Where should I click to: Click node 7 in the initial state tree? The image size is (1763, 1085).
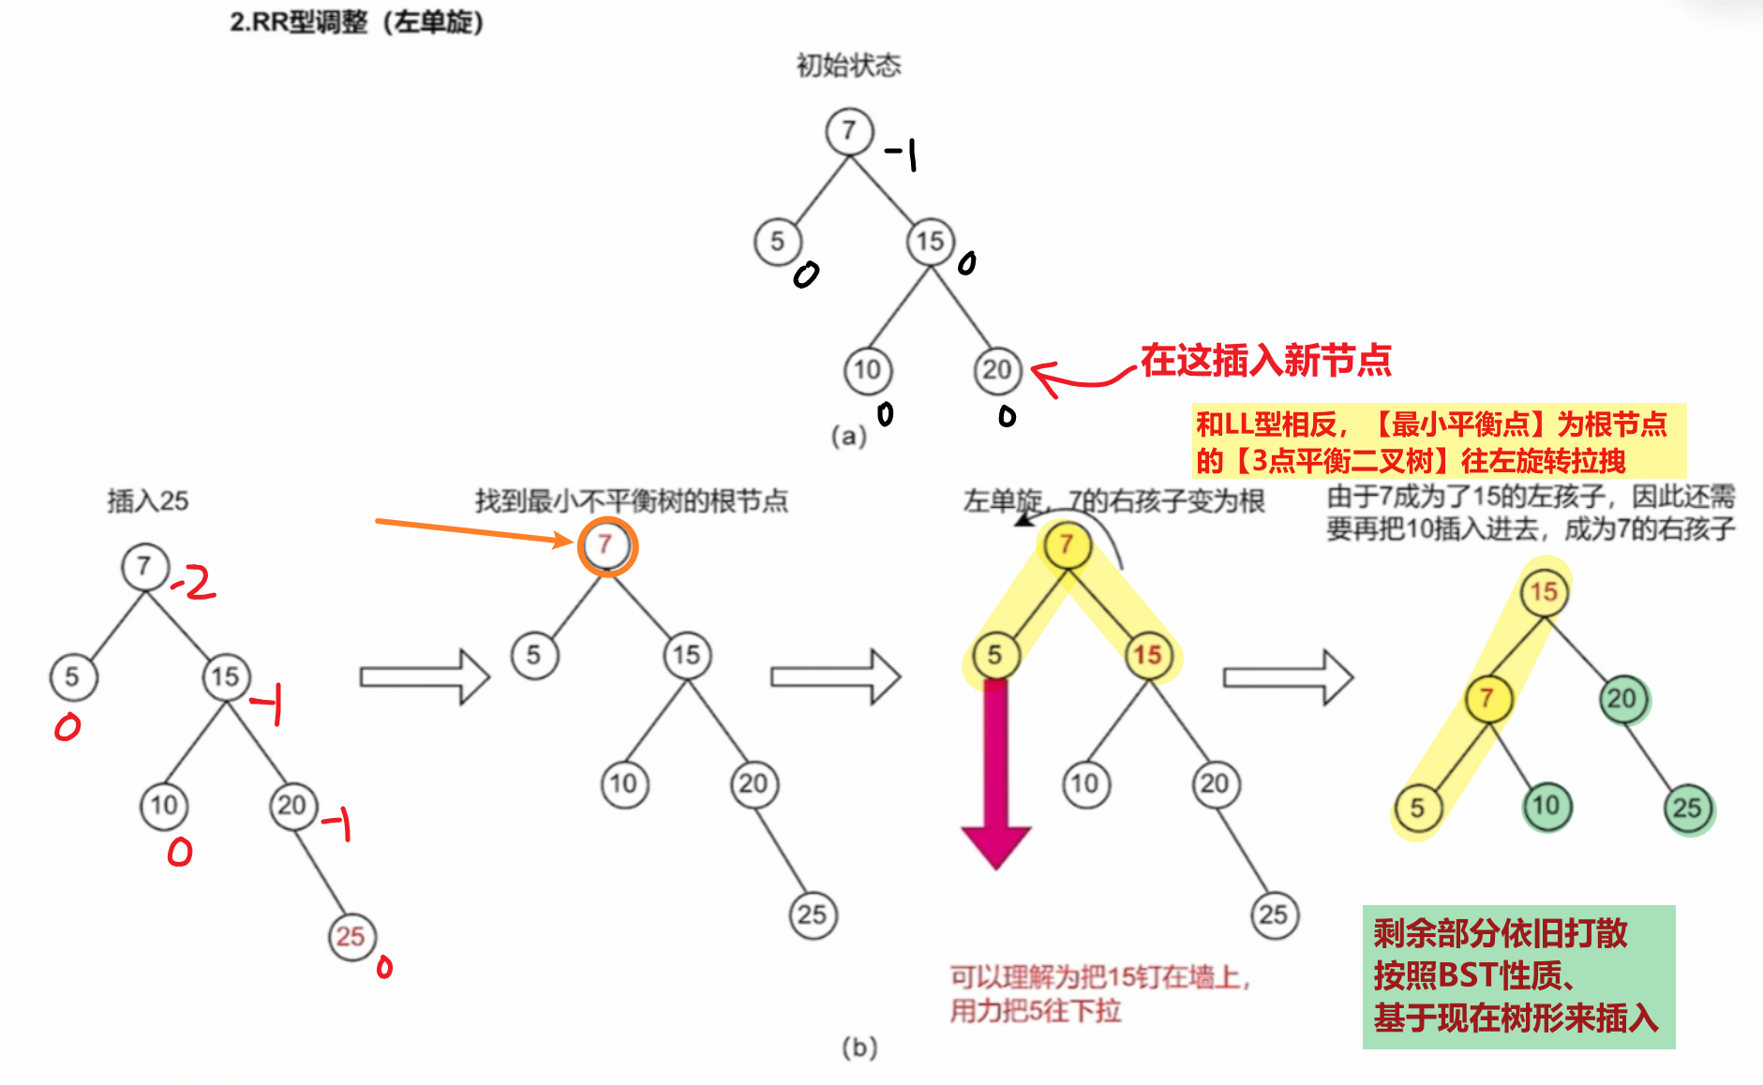point(849,131)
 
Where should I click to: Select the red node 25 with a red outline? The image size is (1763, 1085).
point(351,936)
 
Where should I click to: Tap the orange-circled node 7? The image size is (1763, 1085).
point(606,545)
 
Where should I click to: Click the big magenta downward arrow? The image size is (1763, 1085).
point(995,774)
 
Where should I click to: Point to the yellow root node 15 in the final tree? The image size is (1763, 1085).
point(1544,592)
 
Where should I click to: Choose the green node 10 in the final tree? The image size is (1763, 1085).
point(1546,807)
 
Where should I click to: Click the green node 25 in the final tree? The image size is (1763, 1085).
point(1688,809)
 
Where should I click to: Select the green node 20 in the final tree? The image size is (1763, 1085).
point(1622,699)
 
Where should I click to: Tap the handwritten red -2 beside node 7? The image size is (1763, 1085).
point(194,583)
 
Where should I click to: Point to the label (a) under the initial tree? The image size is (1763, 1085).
point(848,436)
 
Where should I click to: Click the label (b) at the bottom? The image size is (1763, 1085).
point(859,1047)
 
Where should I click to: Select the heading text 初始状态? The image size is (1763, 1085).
point(848,66)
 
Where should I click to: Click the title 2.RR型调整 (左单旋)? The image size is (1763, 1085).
point(357,22)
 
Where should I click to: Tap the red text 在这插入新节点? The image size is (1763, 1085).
point(1265,360)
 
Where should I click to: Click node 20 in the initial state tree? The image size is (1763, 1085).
point(997,371)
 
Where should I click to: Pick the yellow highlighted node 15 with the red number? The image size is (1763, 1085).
point(1148,655)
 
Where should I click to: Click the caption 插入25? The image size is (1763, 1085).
point(147,501)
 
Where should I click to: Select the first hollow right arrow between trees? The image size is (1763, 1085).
point(425,676)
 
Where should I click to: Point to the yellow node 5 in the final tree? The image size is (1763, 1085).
point(1417,808)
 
